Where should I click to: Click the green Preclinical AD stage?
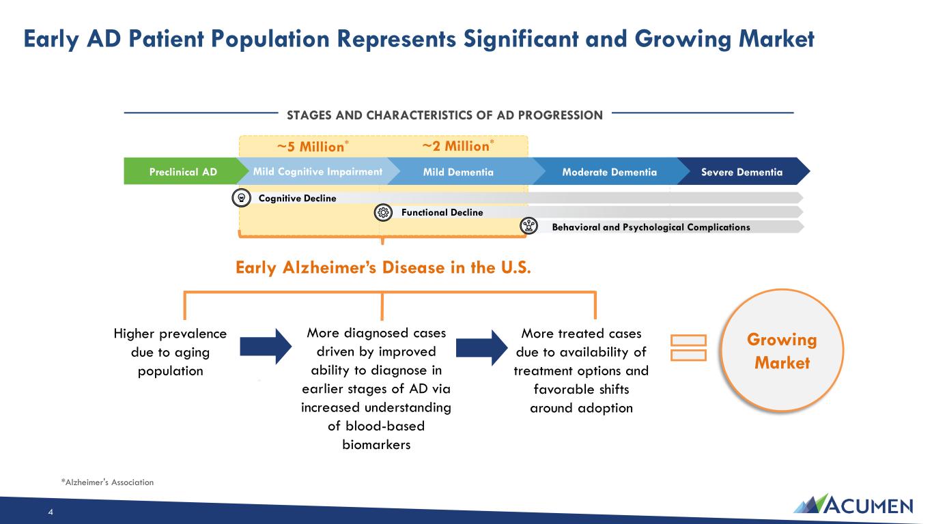tap(183, 171)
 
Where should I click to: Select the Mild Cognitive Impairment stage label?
tap(317, 171)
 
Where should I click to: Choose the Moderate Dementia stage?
tap(610, 172)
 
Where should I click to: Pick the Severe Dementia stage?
tap(742, 172)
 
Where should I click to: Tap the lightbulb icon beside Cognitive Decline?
tap(241, 198)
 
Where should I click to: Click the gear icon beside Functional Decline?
tap(383, 212)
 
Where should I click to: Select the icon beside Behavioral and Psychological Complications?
tap(529, 226)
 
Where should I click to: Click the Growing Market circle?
tap(782, 351)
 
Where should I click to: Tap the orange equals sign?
tap(689, 348)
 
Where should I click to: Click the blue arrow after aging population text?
tap(266, 347)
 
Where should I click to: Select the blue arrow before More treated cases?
tap(482, 348)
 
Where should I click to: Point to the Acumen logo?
tap(853, 504)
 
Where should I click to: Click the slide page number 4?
tap(51, 512)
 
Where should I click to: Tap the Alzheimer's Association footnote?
tap(107, 482)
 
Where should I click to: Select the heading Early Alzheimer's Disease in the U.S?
tap(383, 267)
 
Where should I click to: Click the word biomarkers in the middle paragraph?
tap(376, 445)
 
